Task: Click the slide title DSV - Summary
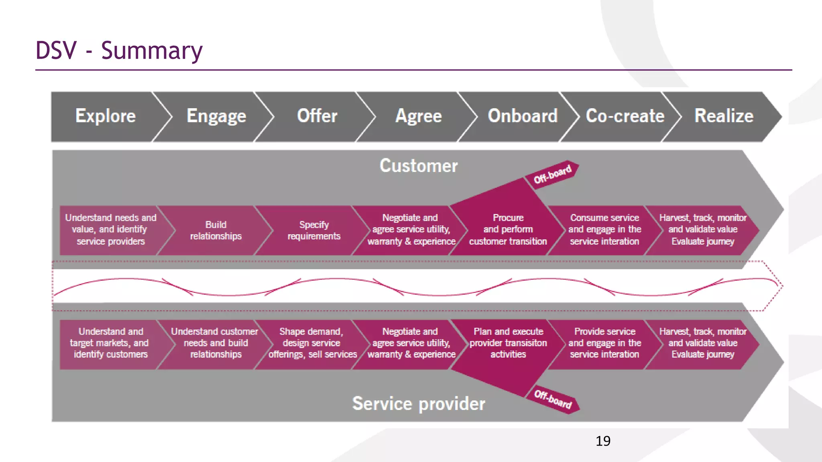coord(119,51)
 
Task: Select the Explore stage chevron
coord(105,116)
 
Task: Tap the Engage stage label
coord(216,116)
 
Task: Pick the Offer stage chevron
coord(317,116)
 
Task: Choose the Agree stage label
coord(418,116)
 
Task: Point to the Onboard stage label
coord(522,116)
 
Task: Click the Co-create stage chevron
coord(625,116)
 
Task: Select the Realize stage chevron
coord(724,116)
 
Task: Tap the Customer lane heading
coord(418,166)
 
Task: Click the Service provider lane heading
coord(418,403)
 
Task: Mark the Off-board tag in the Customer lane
coord(553,174)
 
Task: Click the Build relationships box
coord(216,230)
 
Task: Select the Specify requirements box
coord(313,230)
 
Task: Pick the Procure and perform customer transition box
coord(508,229)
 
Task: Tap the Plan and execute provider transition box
coord(508,343)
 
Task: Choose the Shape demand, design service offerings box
coord(312,343)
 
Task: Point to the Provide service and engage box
coord(604,343)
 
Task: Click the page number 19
coord(603,441)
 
